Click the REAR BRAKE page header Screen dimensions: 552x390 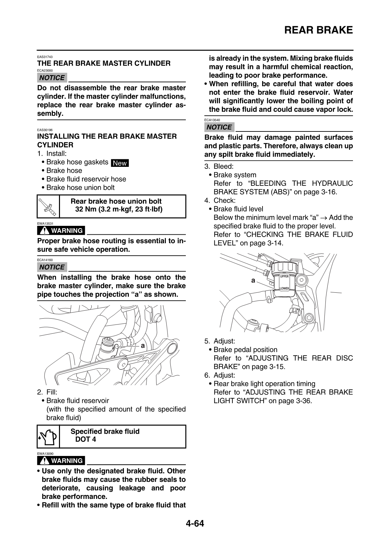click(318, 30)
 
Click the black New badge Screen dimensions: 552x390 click(120, 163)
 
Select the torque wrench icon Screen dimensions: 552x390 click(48, 207)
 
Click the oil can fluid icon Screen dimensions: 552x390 click(48, 437)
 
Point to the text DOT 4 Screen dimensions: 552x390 click(86, 440)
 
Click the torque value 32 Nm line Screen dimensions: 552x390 click(119, 209)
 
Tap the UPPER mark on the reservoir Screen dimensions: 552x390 click(284, 276)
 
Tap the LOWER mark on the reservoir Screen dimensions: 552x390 click(284, 288)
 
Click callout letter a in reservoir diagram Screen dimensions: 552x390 click(253, 281)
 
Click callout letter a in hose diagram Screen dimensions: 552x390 click(143, 345)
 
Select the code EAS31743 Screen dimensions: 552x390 click(45, 57)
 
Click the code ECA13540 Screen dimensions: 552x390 click(212, 120)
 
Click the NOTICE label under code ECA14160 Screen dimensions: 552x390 click(52, 267)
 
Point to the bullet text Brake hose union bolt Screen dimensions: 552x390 click(81, 187)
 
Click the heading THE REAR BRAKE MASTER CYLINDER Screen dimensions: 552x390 click(104, 63)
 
